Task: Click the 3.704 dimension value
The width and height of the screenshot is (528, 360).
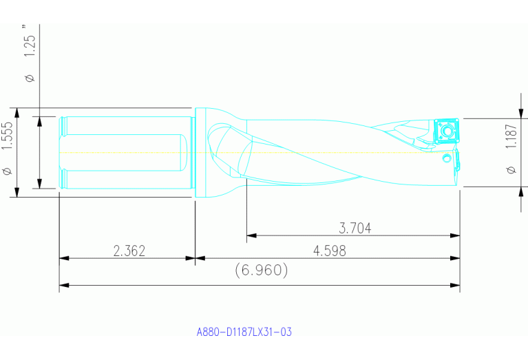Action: pos(356,229)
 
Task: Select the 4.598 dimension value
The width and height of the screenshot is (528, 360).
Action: pos(329,251)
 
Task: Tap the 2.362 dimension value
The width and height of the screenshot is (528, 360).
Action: pos(129,251)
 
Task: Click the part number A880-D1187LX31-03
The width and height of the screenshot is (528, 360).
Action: pos(244,332)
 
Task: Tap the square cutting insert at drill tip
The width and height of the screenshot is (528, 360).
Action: pos(445,130)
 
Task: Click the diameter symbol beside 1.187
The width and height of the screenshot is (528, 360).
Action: pos(510,169)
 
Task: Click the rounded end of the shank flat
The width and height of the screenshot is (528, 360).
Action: pos(184,152)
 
